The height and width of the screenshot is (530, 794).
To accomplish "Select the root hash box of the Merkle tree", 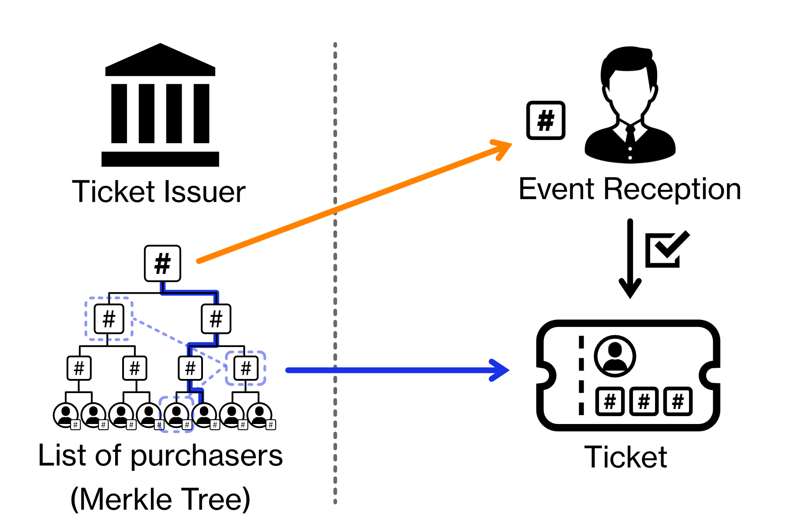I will point(162,264).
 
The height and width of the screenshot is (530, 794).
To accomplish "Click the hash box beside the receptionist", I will point(546,121).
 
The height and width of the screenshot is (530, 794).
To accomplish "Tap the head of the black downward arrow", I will point(630,289).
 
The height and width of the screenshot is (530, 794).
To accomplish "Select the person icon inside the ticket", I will point(614,356).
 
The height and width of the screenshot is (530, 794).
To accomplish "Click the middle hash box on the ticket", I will point(644,401).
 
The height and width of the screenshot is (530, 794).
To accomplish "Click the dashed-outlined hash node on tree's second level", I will point(109,319).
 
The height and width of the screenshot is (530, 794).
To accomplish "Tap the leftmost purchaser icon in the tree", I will point(66,415).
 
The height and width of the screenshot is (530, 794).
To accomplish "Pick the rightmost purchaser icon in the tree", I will point(260,415).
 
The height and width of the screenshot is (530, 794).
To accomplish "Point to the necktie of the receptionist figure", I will point(630,134).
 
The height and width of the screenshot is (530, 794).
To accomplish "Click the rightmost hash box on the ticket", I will point(678,401).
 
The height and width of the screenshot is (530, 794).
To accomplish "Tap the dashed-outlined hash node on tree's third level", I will point(246,368).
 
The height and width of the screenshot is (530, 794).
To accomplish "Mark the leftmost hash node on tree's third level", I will point(79,368).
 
